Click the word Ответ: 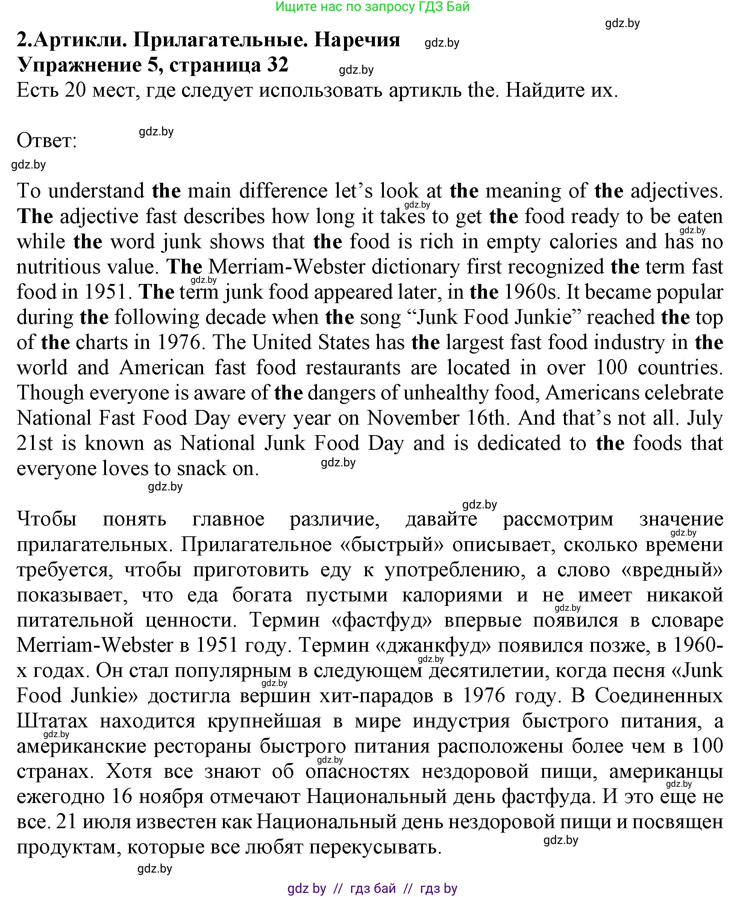tap(47, 141)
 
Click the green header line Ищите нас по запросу tap(372, 6)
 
